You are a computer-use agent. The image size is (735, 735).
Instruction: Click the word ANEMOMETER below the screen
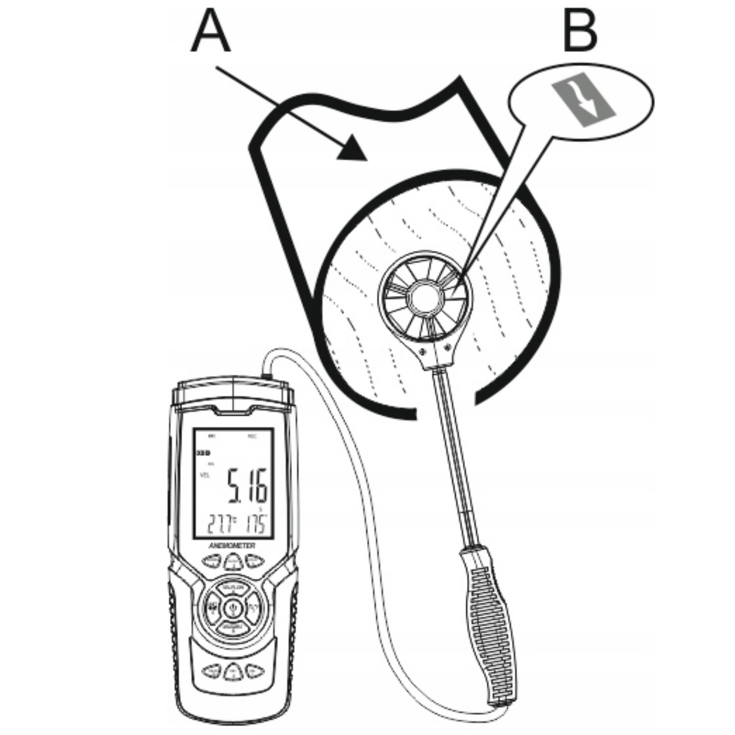[233, 544]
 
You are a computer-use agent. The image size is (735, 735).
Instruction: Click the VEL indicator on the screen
[205, 475]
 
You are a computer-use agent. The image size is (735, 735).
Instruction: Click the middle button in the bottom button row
[233, 671]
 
